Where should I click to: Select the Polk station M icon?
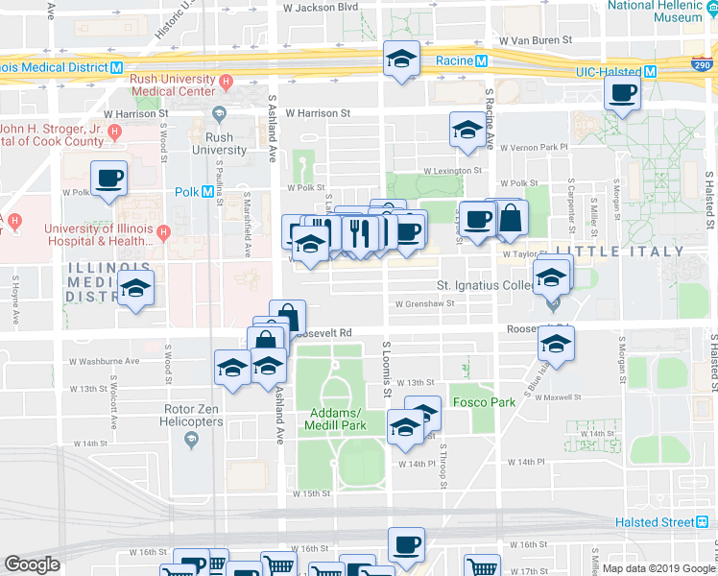click(x=208, y=192)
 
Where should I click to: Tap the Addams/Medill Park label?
click(x=337, y=419)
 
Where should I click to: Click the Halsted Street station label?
click(x=655, y=521)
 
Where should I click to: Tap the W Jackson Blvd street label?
click(x=320, y=7)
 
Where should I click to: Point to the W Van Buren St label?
click(x=535, y=41)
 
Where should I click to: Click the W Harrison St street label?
click(x=318, y=113)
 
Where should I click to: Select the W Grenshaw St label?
click(x=429, y=304)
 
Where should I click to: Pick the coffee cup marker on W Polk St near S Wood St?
click(x=108, y=179)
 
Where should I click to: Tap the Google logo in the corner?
click(x=32, y=564)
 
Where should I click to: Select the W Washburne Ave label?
click(x=104, y=362)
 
